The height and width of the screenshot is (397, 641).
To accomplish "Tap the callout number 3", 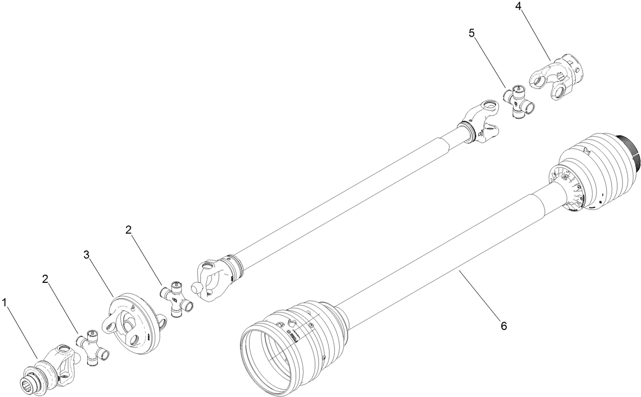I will pyautogui.click(x=86, y=254).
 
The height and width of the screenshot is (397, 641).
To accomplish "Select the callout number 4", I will pyautogui.click(x=518, y=7).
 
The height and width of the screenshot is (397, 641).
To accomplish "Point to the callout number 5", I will pyautogui.click(x=471, y=33).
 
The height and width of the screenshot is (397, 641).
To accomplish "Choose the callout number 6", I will pyautogui.click(x=503, y=326).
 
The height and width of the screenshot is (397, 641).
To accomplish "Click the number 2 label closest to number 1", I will pyautogui.click(x=45, y=279).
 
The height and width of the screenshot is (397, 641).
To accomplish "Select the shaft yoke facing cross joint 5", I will pyautogui.click(x=481, y=122).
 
